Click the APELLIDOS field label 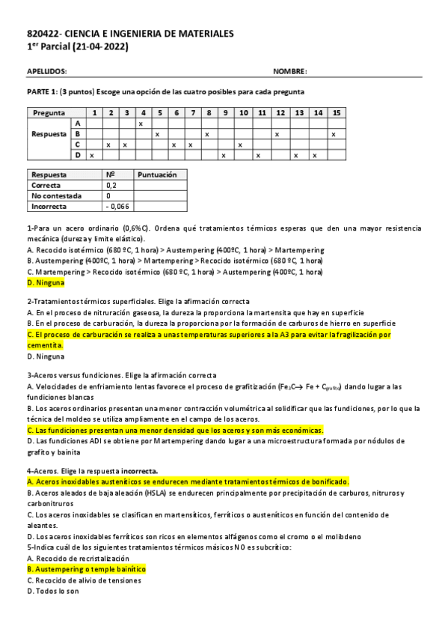point(46,71)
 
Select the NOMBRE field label point(289,71)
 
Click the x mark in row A point(141,123)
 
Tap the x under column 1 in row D point(91,155)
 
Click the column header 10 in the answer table point(243,112)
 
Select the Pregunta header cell point(48,112)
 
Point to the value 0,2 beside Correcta point(111,185)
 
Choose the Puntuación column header point(156,174)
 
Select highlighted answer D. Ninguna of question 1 point(46,283)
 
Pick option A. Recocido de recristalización point(78,559)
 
